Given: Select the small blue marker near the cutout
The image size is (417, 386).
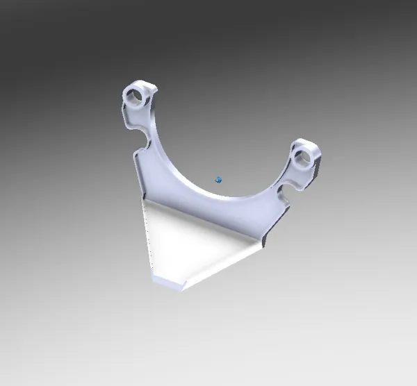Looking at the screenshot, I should (x=218, y=180).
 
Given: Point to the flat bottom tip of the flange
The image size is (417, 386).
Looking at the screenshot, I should (x=167, y=282).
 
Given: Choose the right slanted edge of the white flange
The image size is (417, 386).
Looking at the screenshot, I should (x=222, y=264).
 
